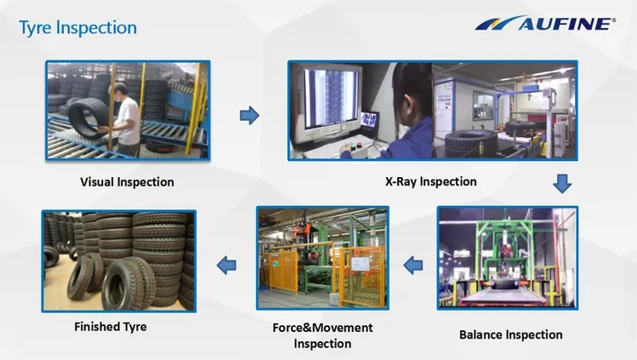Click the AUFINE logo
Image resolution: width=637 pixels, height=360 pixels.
click(545, 23)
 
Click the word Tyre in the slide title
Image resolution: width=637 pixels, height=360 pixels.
click(36, 28)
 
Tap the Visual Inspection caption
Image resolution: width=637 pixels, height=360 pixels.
click(128, 182)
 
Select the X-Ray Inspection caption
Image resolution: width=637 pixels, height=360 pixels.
click(431, 181)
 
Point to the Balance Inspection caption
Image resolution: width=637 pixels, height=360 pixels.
click(511, 334)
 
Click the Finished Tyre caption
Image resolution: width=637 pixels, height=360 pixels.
click(111, 327)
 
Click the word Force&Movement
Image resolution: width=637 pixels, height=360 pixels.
click(322, 328)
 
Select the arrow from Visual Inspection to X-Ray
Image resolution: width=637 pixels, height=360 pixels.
click(249, 116)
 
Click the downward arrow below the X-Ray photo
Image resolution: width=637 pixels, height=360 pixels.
click(562, 184)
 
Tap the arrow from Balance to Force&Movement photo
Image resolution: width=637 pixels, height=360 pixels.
click(413, 266)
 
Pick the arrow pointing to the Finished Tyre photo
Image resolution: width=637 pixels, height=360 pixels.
click(227, 266)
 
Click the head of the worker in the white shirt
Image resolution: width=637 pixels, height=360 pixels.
click(120, 90)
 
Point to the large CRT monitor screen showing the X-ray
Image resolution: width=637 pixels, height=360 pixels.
click(331, 98)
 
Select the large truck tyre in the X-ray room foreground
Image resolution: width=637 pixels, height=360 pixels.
click(471, 144)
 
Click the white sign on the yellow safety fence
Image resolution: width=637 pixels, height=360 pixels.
click(361, 264)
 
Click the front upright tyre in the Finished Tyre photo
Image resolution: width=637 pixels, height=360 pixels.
click(128, 283)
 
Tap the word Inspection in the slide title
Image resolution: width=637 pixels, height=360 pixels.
click(96, 28)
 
